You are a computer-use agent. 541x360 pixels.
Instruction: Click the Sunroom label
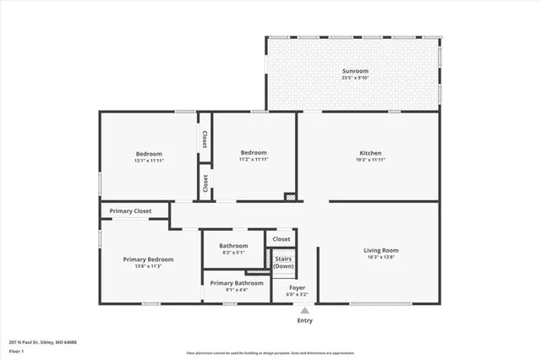click(x=354, y=70)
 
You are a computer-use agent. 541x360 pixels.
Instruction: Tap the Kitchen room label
click(x=370, y=153)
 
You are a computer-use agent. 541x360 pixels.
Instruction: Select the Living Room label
click(x=381, y=250)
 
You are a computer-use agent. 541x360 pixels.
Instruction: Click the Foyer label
click(x=297, y=288)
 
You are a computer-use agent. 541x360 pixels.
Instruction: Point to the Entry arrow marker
click(x=304, y=310)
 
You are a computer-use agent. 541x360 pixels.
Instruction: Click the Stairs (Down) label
click(x=283, y=262)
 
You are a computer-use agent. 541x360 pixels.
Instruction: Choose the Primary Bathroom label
click(x=237, y=283)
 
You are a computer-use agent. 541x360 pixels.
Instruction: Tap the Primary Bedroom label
click(x=148, y=259)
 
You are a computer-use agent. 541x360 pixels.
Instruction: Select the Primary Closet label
click(x=131, y=210)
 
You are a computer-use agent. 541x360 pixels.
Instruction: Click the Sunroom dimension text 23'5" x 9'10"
click(x=354, y=78)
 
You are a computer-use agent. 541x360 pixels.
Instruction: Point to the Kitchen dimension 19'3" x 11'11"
click(x=370, y=160)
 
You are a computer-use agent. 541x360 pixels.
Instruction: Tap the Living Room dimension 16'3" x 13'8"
click(x=381, y=257)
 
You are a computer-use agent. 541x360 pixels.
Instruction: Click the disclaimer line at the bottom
click(x=270, y=351)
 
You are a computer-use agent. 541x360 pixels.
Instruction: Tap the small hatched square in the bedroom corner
click(x=290, y=198)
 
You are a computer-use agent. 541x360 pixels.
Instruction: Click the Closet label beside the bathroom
click(x=281, y=239)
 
